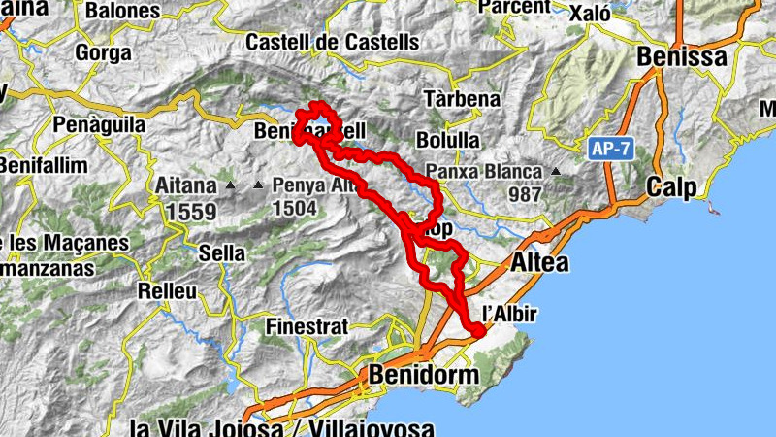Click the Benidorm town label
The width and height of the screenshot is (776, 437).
click(424, 375)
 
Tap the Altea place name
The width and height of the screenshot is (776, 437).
click(540, 263)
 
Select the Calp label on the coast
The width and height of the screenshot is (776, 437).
click(672, 187)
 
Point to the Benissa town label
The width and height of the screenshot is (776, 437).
click(681, 58)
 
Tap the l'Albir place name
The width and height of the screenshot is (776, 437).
click(510, 314)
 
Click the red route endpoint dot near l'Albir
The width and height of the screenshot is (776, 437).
click(477, 332)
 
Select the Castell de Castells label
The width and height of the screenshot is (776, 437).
click(332, 43)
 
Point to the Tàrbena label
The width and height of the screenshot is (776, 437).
click(463, 99)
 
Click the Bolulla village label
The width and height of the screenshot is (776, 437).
click(447, 140)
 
